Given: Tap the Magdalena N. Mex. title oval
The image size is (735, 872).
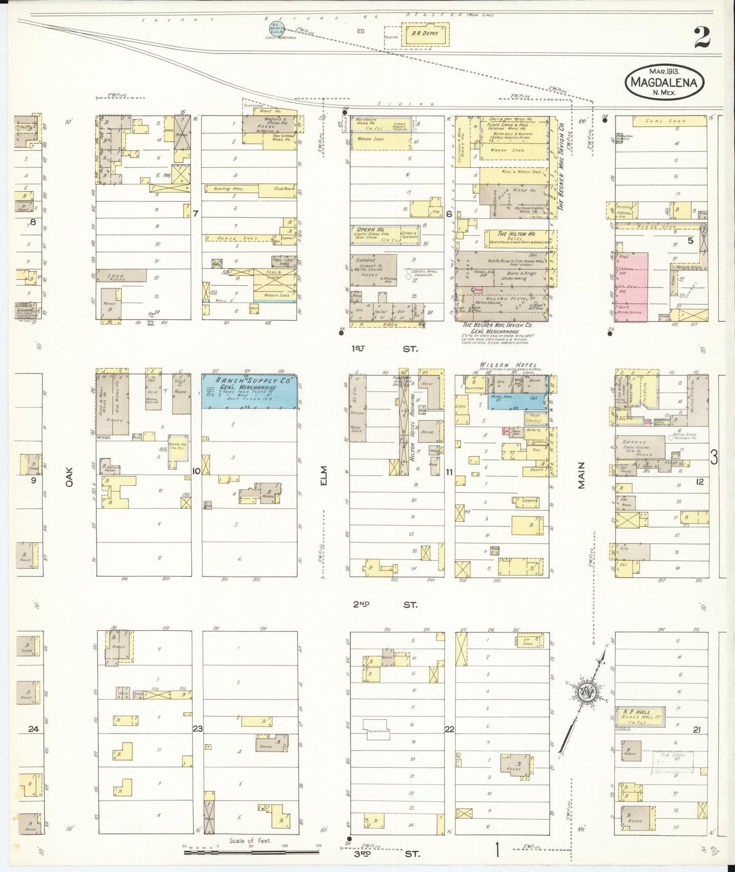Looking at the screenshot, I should pos(665,82).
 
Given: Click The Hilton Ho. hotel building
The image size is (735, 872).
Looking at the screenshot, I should pos(515,237).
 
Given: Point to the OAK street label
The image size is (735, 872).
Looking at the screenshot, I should pos(69,478).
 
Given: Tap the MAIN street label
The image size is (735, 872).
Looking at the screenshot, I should pos(580,475).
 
